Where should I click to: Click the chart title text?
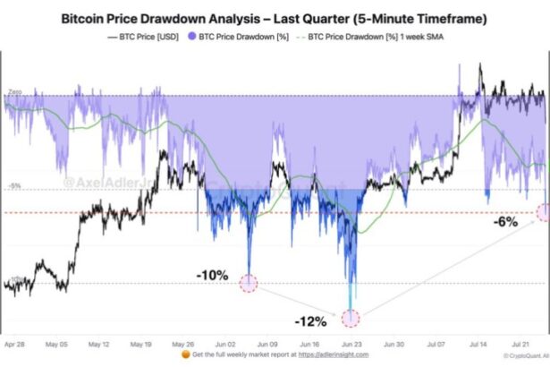coord(275,17)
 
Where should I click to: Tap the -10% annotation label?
coord(213,276)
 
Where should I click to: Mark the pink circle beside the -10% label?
coord(248,284)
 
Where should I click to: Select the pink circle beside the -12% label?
coord(351,318)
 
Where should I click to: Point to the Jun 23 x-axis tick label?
coord(351,345)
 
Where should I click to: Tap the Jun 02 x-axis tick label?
coord(226,345)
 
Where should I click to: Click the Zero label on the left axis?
coord(14,93)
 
